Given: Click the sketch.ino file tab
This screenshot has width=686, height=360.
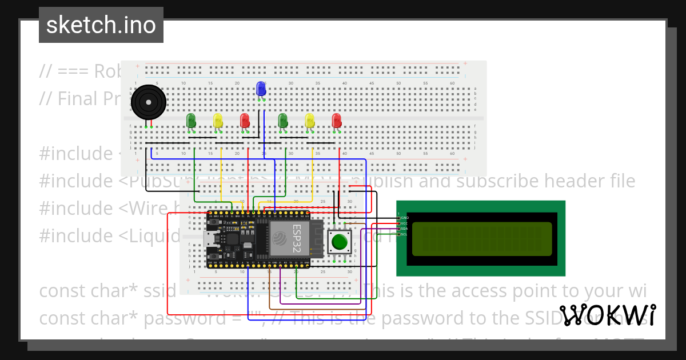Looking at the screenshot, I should [101, 25].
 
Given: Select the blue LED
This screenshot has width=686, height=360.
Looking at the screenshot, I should [261, 89].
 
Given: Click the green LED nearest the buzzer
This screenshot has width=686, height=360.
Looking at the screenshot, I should [191, 121].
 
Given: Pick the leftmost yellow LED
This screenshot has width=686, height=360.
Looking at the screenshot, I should [218, 121].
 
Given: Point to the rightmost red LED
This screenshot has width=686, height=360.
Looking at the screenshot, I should [337, 121].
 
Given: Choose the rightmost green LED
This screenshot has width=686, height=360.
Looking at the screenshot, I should [282, 121].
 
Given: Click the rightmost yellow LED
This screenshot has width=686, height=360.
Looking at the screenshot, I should [309, 121].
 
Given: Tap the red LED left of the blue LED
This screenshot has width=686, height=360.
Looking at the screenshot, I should [245, 121].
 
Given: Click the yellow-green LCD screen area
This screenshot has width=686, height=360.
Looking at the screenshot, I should [481, 238].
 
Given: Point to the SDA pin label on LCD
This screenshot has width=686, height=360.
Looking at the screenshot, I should [404, 229].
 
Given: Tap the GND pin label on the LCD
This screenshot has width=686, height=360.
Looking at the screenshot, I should [404, 218].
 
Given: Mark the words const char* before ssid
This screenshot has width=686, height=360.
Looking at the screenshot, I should [86, 291].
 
